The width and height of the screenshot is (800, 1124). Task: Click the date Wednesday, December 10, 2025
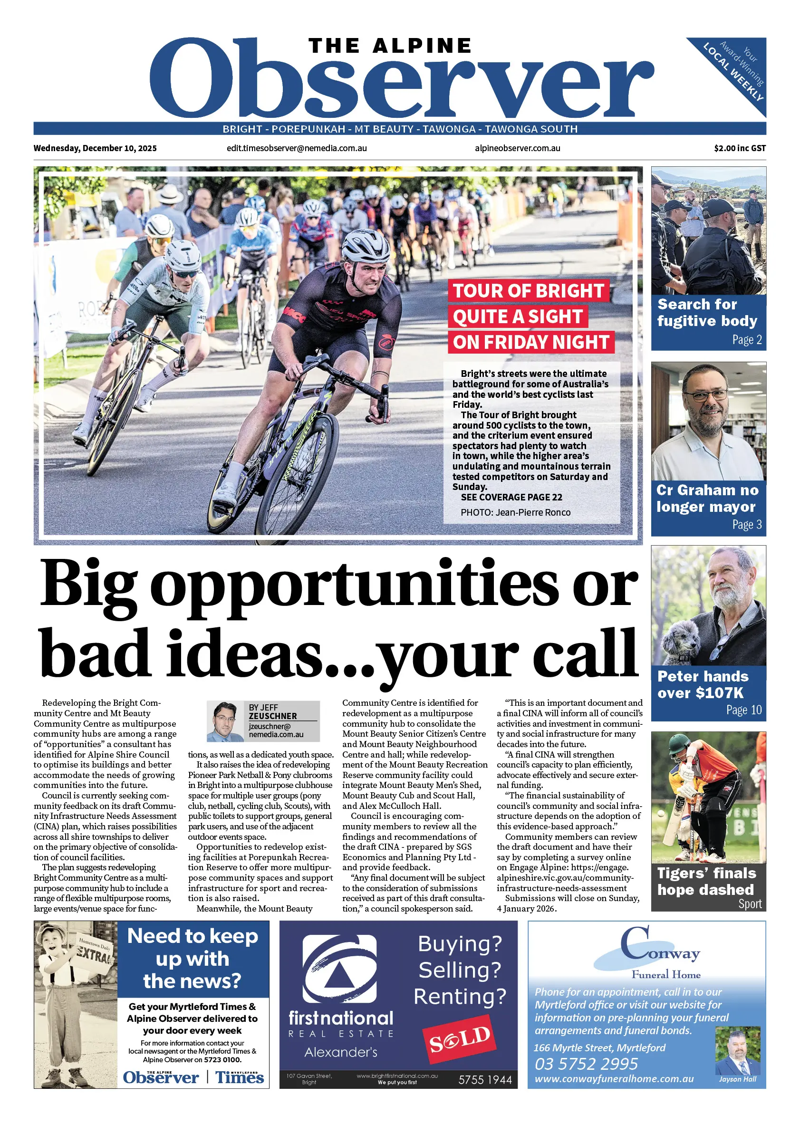click(95, 148)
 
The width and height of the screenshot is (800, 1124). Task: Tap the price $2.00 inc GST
click(740, 148)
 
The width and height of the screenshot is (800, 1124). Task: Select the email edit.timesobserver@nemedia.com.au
click(297, 148)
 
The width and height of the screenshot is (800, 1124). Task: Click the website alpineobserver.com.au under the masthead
click(517, 148)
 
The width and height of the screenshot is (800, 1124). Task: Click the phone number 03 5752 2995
click(586, 1065)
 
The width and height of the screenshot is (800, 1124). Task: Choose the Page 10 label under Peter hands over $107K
click(743, 710)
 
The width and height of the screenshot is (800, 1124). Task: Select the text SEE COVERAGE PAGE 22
click(511, 498)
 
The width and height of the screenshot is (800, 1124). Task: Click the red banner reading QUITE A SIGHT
click(518, 317)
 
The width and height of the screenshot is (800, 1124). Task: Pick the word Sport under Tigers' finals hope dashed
click(749, 904)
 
